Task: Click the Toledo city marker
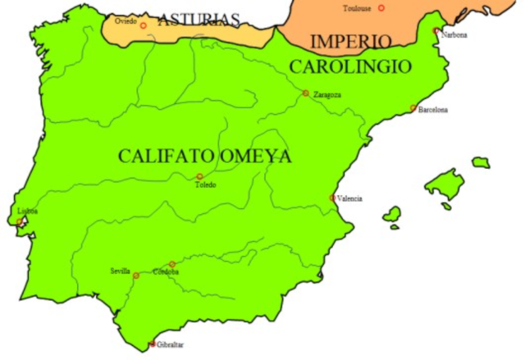click(199, 176)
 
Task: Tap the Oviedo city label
click(126, 20)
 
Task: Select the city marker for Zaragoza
click(306, 93)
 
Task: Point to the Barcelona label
click(433, 110)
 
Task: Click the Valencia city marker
click(332, 198)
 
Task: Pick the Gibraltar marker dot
click(153, 344)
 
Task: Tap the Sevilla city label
click(120, 271)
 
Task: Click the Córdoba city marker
click(172, 264)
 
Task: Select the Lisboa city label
click(27, 211)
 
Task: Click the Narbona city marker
click(436, 30)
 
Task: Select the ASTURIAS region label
click(199, 20)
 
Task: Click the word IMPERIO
click(351, 42)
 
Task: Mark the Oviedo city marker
click(144, 25)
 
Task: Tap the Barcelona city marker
click(413, 107)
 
